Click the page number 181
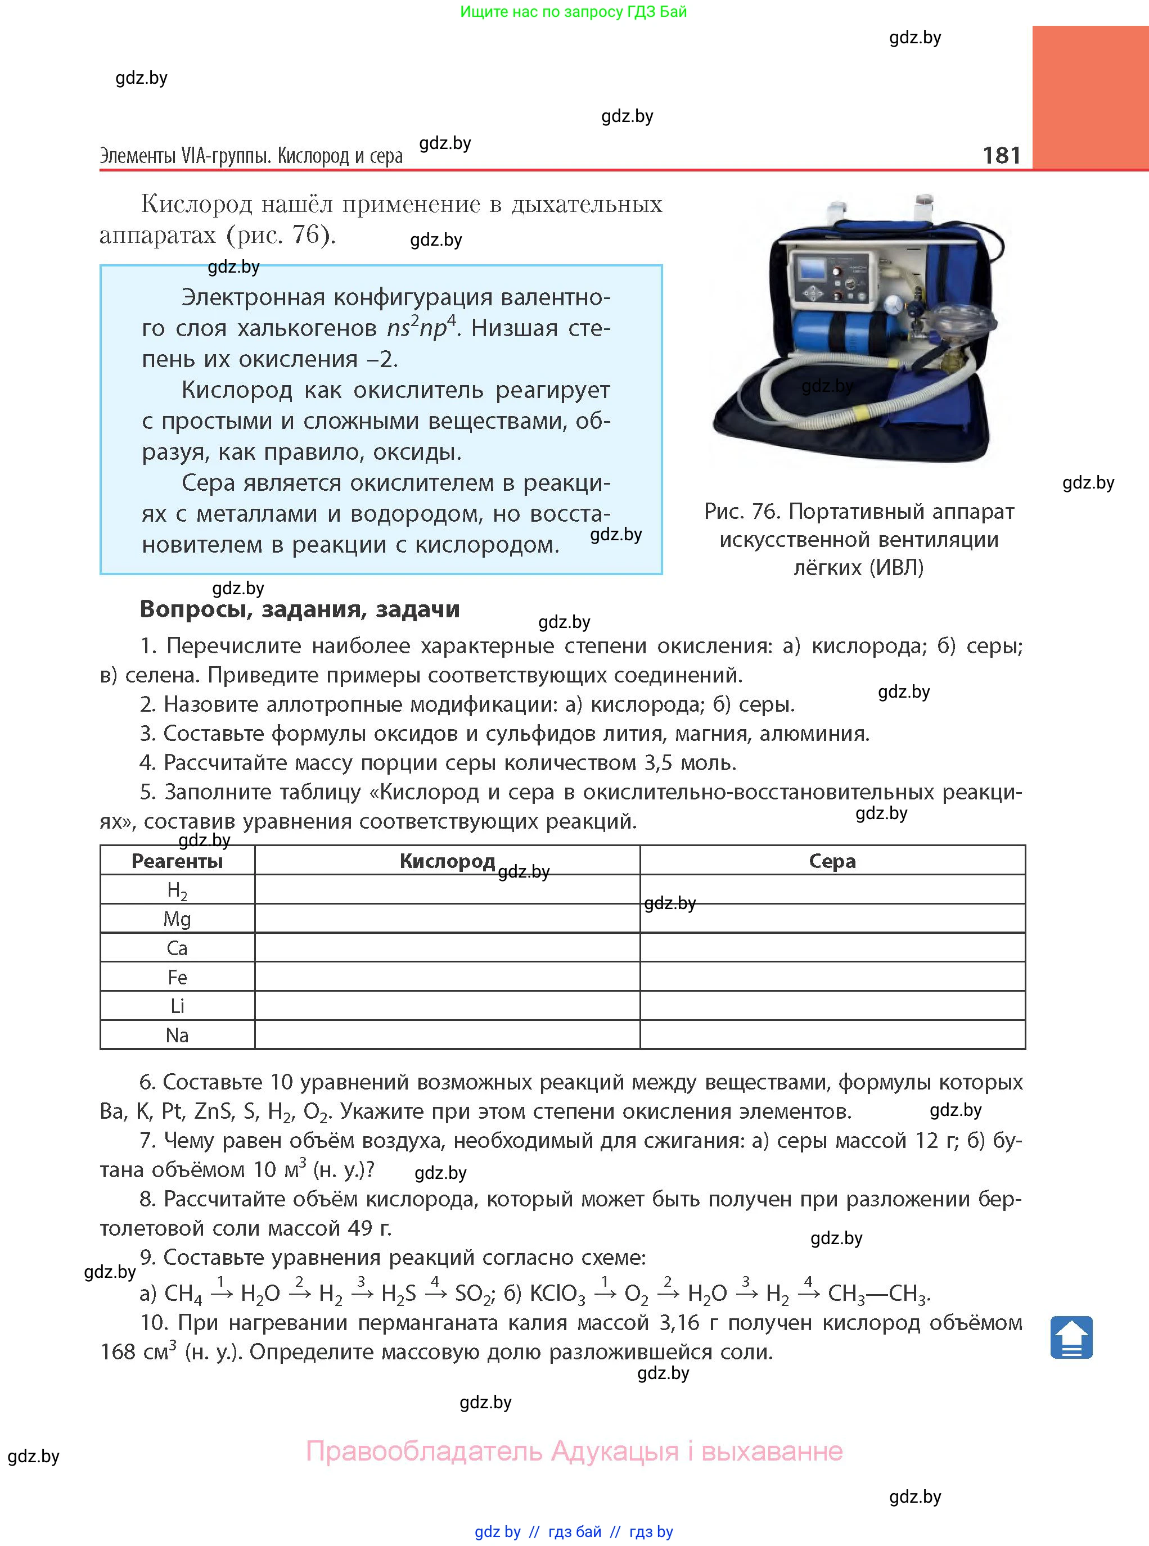(1001, 155)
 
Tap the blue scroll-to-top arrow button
(1071, 1337)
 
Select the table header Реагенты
(177, 861)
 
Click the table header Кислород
(447, 861)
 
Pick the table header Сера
(832, 861)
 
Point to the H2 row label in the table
(177, 890)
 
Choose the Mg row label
(177, 919)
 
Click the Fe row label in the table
(177, 978)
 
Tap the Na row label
(177, 1035)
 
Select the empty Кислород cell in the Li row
(447, 1006)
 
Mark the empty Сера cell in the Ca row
(832, 948)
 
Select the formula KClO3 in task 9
(557, 1294)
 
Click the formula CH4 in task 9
(183, 1294)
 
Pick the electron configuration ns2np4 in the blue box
(421, 327)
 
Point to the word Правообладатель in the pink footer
(424, 1452)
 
